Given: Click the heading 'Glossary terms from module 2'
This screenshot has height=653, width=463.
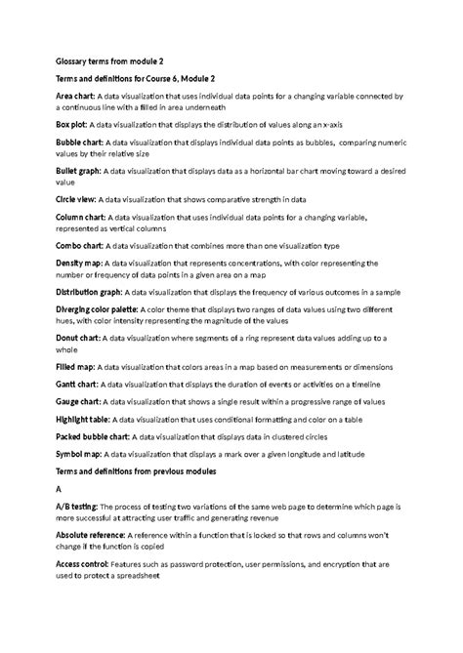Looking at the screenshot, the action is coord(108,60).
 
